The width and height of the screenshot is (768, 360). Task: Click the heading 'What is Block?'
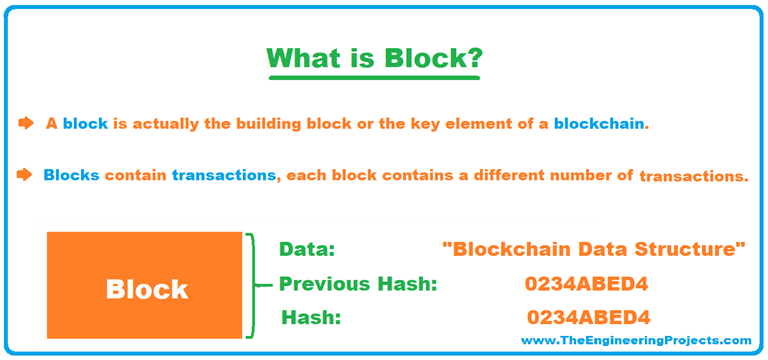point(384,58)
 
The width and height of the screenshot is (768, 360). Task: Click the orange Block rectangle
point(145,288)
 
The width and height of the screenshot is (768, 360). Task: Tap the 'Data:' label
point(307,249)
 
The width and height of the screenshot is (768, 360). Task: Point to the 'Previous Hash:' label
point(358,284)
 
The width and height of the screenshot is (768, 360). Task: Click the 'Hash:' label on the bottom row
point(311,318)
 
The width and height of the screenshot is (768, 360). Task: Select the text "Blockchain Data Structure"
point(594,249)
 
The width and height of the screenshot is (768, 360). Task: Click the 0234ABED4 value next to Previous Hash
point(587,284)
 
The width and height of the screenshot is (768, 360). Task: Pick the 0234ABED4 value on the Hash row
point(589,318)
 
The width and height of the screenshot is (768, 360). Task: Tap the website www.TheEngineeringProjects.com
point(635,341)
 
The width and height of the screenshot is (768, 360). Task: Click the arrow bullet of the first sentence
point(25,124)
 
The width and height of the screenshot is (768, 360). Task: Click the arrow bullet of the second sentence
point(25,175)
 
